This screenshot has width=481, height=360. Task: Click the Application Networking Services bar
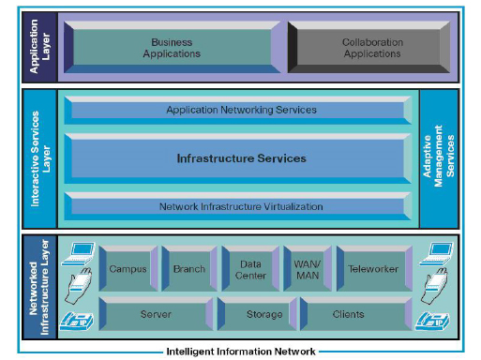point(240,110)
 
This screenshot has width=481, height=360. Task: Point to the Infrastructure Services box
point(240,158)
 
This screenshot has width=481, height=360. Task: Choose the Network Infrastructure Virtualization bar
point(240,206)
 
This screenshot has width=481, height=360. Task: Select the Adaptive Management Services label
point(439,158)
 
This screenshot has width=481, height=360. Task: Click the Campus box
point(128,269)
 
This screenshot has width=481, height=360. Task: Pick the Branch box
point(188,269)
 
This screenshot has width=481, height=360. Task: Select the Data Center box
point(249,269)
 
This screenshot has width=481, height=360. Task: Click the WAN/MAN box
point(306,269)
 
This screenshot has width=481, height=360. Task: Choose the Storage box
point(264,314)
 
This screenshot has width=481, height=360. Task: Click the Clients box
point(348,314)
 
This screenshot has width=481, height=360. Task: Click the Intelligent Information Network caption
point(240,352)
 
